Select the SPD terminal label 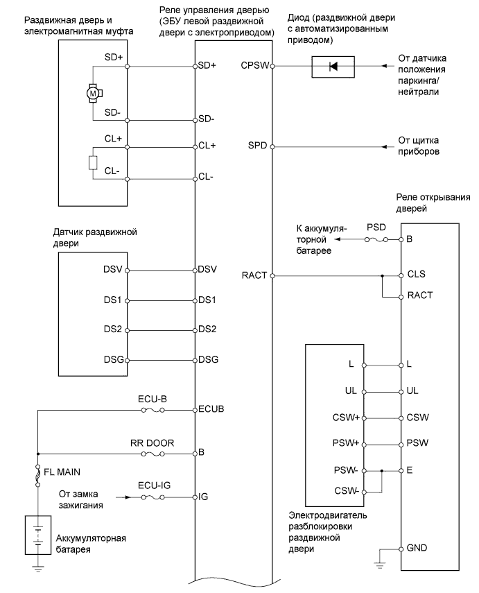point(257,147)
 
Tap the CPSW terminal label point(254,67)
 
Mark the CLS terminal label point(417,275)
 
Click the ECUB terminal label point(211,410)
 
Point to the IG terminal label point(204,497)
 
